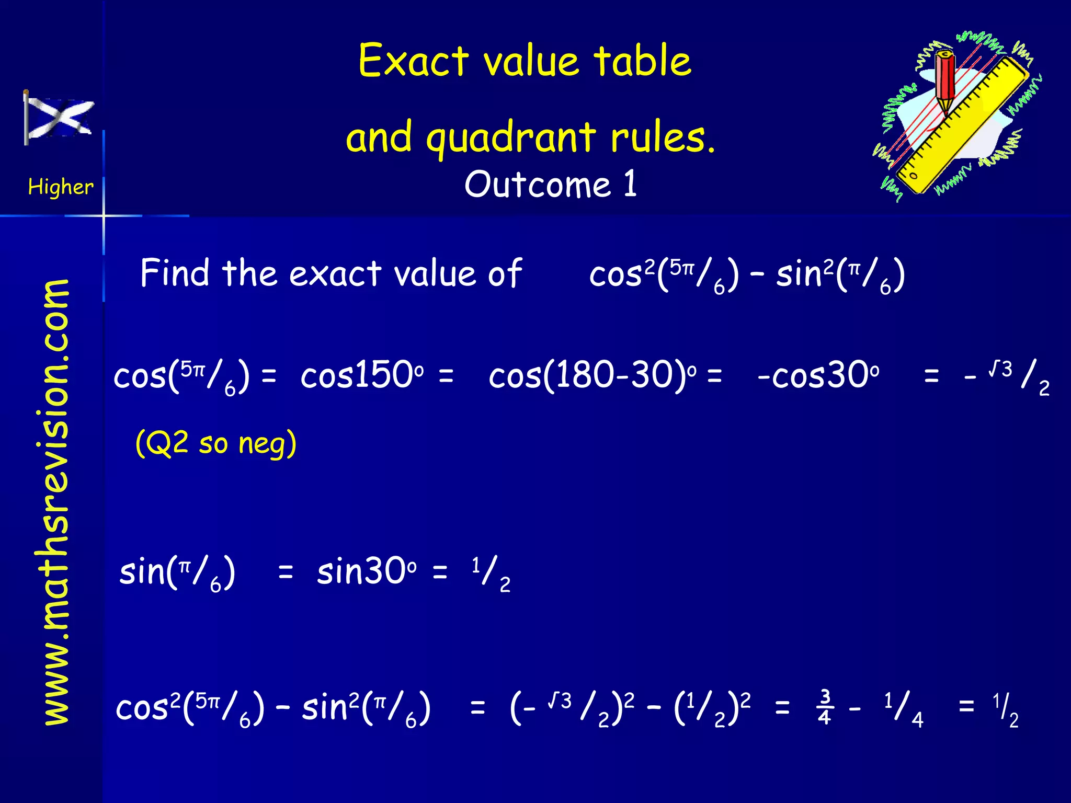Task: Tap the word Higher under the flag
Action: pyautogui.click(x=61, y=187)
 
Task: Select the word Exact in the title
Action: pyautogui.click(x=413, y=61)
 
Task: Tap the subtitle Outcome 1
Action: pyautogui.click(x=551, y=184)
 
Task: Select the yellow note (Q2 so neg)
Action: pyautogui.click(x=216, y=443)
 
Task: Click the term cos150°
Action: pyautogui.click(x=362, y=375)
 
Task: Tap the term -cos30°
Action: pyautogui.click(x=818, y=375)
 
